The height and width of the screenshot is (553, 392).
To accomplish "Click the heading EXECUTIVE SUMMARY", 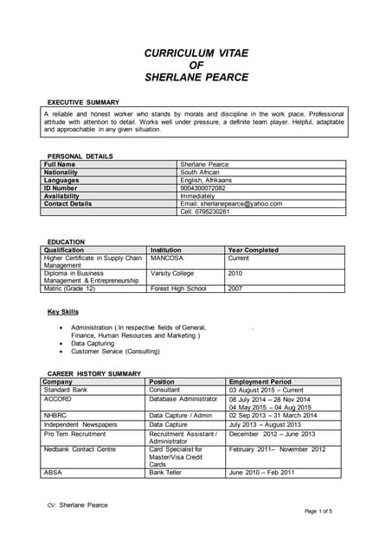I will tap(83, 103).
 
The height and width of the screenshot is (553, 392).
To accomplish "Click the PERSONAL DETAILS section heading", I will tap(80, 156).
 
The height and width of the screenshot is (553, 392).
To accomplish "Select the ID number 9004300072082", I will tap(202, 188).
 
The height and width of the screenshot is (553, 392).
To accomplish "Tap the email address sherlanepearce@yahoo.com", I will tap(231, 204).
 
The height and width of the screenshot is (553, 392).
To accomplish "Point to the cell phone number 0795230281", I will tap(205, 212).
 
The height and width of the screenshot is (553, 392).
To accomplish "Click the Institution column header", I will tap(166, 250).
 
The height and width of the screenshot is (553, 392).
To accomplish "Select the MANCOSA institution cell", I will tap(167, 257).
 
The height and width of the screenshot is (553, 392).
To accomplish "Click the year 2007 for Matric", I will tap(235, 289).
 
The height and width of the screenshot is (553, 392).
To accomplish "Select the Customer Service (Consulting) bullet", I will tap(115, 352).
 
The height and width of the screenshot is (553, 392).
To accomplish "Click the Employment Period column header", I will tap(260, 381).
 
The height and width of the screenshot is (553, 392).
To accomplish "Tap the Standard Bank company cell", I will tap(67, 390).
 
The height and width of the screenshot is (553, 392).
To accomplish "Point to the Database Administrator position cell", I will tap(183, 399).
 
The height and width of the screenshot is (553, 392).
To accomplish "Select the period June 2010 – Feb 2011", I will tap(262, 472).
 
